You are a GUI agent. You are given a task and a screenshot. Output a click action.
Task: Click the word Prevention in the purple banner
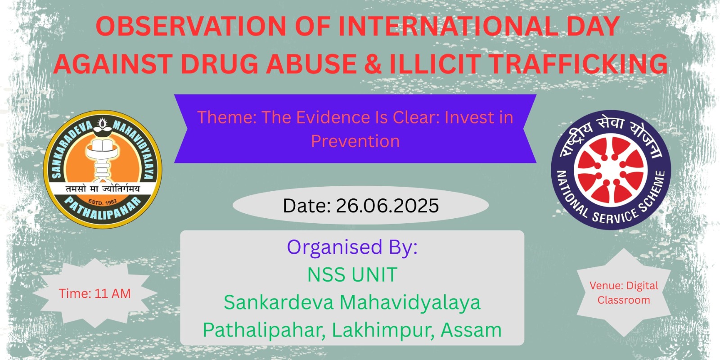355,141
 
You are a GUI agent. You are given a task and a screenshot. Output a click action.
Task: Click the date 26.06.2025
387,205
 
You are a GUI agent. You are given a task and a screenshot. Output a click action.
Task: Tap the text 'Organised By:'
352,247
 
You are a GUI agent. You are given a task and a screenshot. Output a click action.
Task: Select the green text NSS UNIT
352,274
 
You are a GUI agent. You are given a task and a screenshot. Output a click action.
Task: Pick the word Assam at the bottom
471,330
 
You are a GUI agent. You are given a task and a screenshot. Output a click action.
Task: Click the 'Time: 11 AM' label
95,293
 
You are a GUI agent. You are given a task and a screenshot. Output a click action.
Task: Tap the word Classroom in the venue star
624,300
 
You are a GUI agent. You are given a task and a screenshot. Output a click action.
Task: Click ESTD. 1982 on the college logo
103,202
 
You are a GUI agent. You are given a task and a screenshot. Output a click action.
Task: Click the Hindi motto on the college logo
103,189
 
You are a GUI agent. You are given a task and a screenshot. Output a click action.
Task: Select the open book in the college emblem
102,146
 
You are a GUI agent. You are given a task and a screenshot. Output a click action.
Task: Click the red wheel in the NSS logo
611,169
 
